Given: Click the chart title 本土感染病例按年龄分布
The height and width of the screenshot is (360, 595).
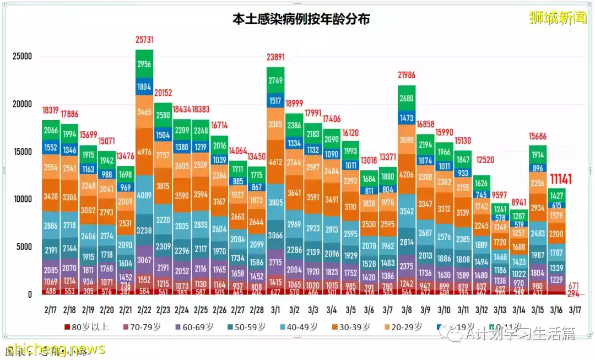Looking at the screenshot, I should click(301, 19).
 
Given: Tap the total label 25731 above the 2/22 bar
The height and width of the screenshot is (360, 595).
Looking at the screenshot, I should click(144, 40).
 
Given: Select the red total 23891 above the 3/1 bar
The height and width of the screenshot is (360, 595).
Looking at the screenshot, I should click(275, 58).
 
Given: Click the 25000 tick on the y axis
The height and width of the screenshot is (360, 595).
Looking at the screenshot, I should click(22, 56).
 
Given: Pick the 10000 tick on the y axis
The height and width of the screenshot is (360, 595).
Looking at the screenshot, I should click(22, 199).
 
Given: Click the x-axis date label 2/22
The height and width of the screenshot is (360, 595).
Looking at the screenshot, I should click(144, 310).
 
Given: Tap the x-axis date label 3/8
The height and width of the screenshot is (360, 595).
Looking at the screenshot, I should click(407, 310).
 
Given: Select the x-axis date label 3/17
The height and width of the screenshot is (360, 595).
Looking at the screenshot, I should click(575, 310).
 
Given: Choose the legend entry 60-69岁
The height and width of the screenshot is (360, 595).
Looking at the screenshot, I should click(196, 327).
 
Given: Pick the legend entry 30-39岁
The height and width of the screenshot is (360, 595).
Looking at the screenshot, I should click(359, 327).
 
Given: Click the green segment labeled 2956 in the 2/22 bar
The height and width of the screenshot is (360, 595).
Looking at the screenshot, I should click(144, 64).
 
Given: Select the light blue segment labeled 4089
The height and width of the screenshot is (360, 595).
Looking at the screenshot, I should click(144, 195).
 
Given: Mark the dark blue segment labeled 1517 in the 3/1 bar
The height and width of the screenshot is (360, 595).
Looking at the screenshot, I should click(275, 100).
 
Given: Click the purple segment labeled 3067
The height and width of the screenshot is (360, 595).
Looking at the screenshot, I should click(144, 260).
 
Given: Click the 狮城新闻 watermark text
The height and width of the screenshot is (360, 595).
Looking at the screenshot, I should click(558, 18).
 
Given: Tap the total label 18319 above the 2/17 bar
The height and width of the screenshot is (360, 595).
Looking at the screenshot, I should click(51, 111).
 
